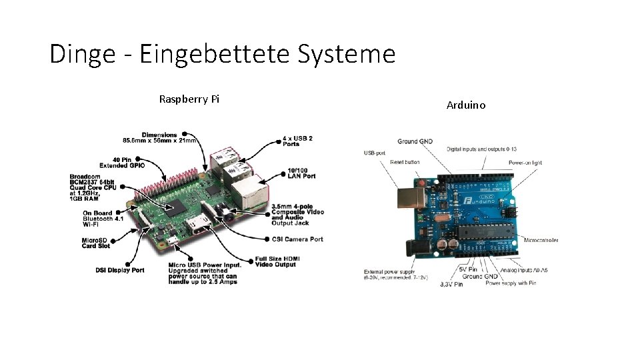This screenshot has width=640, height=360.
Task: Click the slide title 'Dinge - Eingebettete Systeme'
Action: click(223, 53)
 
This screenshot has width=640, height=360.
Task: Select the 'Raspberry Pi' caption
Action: click(189, 99)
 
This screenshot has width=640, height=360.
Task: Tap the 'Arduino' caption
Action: click(466, 105)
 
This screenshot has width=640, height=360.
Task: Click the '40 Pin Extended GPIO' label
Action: click(122, 162)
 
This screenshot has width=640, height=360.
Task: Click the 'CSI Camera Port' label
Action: click(297, 239)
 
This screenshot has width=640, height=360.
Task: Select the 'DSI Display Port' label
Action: click(119, 270)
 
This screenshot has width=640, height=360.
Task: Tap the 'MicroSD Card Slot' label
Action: click(95, 243)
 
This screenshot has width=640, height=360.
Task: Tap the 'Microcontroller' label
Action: click(541, 240)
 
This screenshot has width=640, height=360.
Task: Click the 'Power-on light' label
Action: click(525, 162)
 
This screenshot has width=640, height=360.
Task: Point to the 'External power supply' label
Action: click(390, 271)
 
